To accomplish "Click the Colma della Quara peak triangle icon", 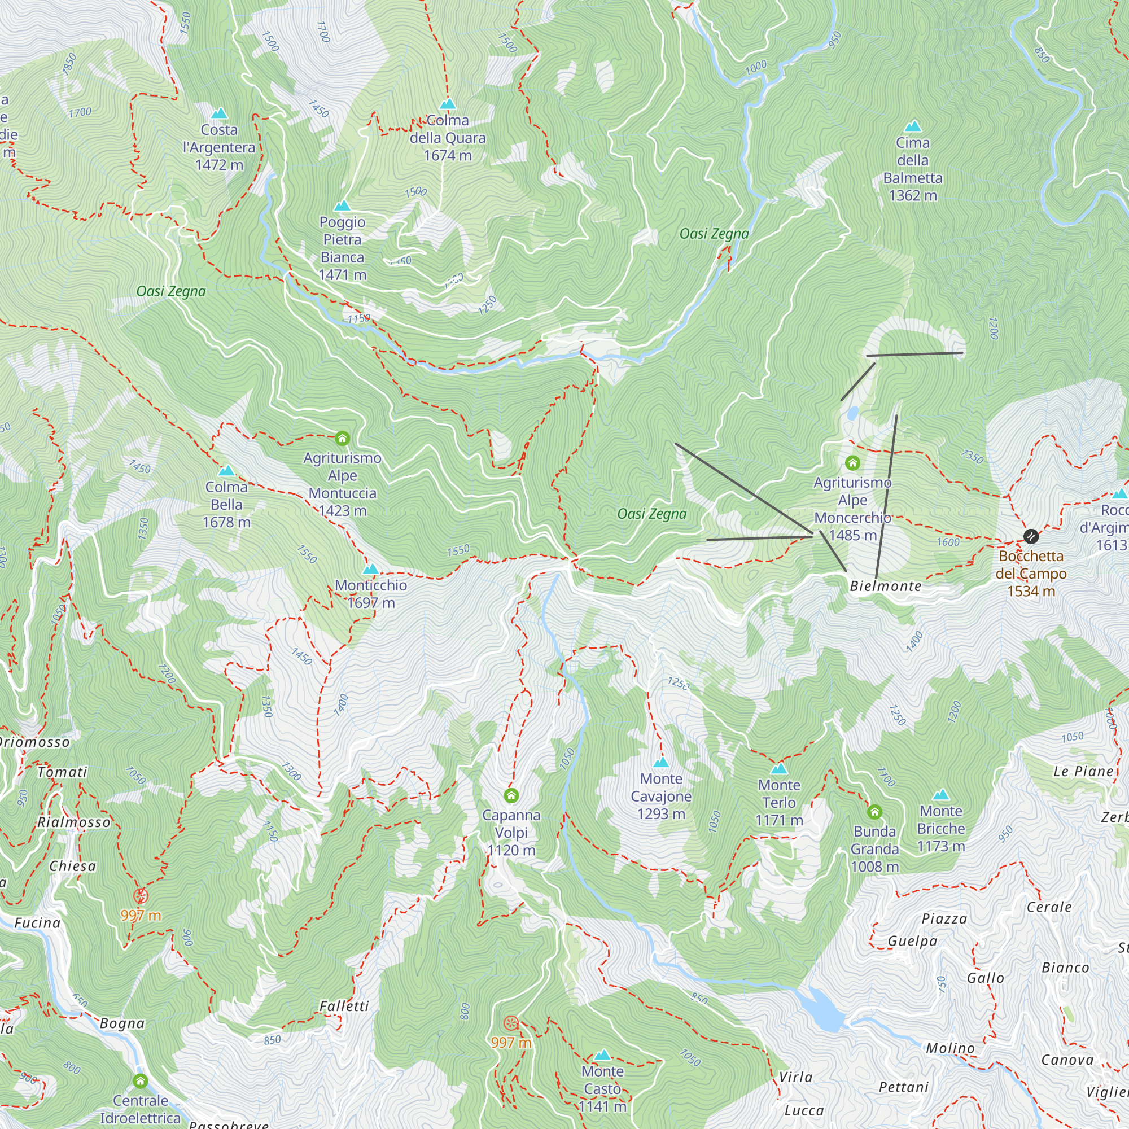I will click(x=448, y=104).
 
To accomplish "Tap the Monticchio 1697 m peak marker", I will click(x=370, y=569).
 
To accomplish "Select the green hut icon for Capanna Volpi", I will click(x=511, y=795).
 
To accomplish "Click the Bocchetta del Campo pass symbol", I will click(x=1031, y=536).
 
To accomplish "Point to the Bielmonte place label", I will click(x=885, y=586).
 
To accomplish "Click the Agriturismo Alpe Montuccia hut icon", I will click(x=343, y=438).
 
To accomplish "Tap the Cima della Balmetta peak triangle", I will click(x=913, y=126).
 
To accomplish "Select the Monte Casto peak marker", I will click(x=602, y=1056).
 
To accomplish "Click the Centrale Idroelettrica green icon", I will click(x=140, y=1080).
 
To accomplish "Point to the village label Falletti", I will click(x=344, y=1007).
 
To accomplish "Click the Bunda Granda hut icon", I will click(x=874, y=812).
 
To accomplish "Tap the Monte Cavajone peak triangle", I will click(x=661, y=763).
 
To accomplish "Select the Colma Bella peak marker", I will click(x=226, y=471).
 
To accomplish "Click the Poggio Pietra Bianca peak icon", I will click(x=343, y=206).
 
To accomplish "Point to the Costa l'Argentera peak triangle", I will click(x=219, y=113).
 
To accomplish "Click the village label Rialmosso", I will click(x=73, y=823).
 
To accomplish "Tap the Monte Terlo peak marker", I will click(x=779, y=769).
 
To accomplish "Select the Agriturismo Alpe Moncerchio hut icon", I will click(x=852, y=463).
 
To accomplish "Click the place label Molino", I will click(x=950, y=1048).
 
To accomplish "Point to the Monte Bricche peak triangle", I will click(x=941, y=795).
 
